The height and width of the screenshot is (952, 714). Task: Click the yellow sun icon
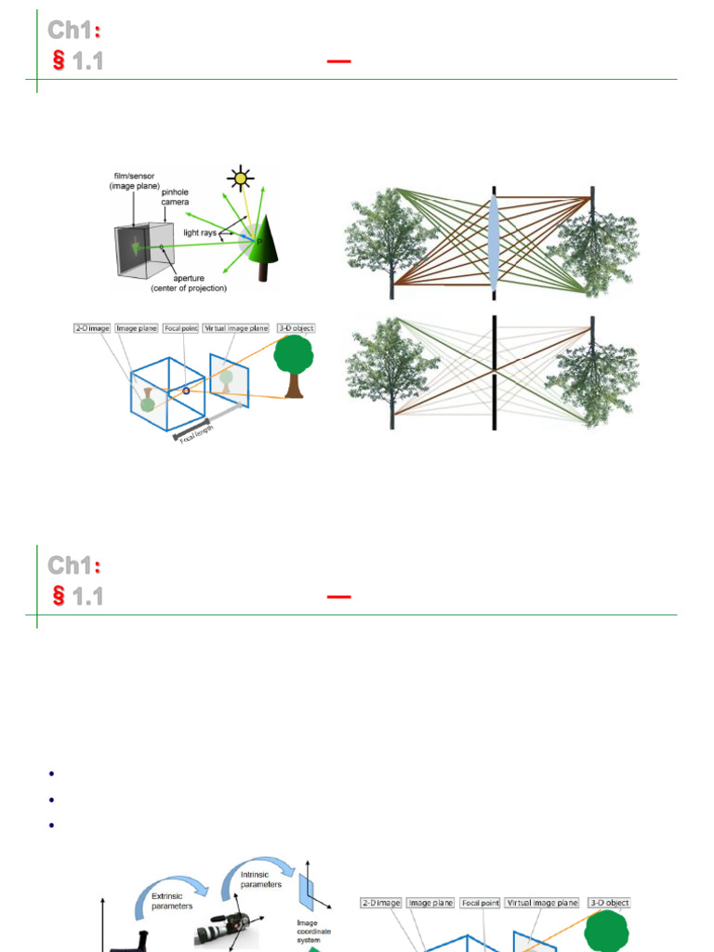(x=241, y=178)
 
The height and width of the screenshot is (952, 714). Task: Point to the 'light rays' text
(x=201, y=231)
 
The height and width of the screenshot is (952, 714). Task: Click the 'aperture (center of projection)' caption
(x=189, y=283)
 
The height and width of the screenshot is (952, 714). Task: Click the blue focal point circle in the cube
(x=185, y=390)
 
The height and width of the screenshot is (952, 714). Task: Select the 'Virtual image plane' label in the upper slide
(x=237, y=328)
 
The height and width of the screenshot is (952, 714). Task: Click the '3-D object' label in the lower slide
(x=608, y=902)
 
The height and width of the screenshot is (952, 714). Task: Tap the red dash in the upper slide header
(x=339, y=61)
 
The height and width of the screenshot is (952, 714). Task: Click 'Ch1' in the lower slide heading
(x=71, y=566)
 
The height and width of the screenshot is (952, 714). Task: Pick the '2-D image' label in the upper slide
(x=93, y=328)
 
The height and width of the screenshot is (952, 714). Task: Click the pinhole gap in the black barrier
(x=494, y=372)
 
